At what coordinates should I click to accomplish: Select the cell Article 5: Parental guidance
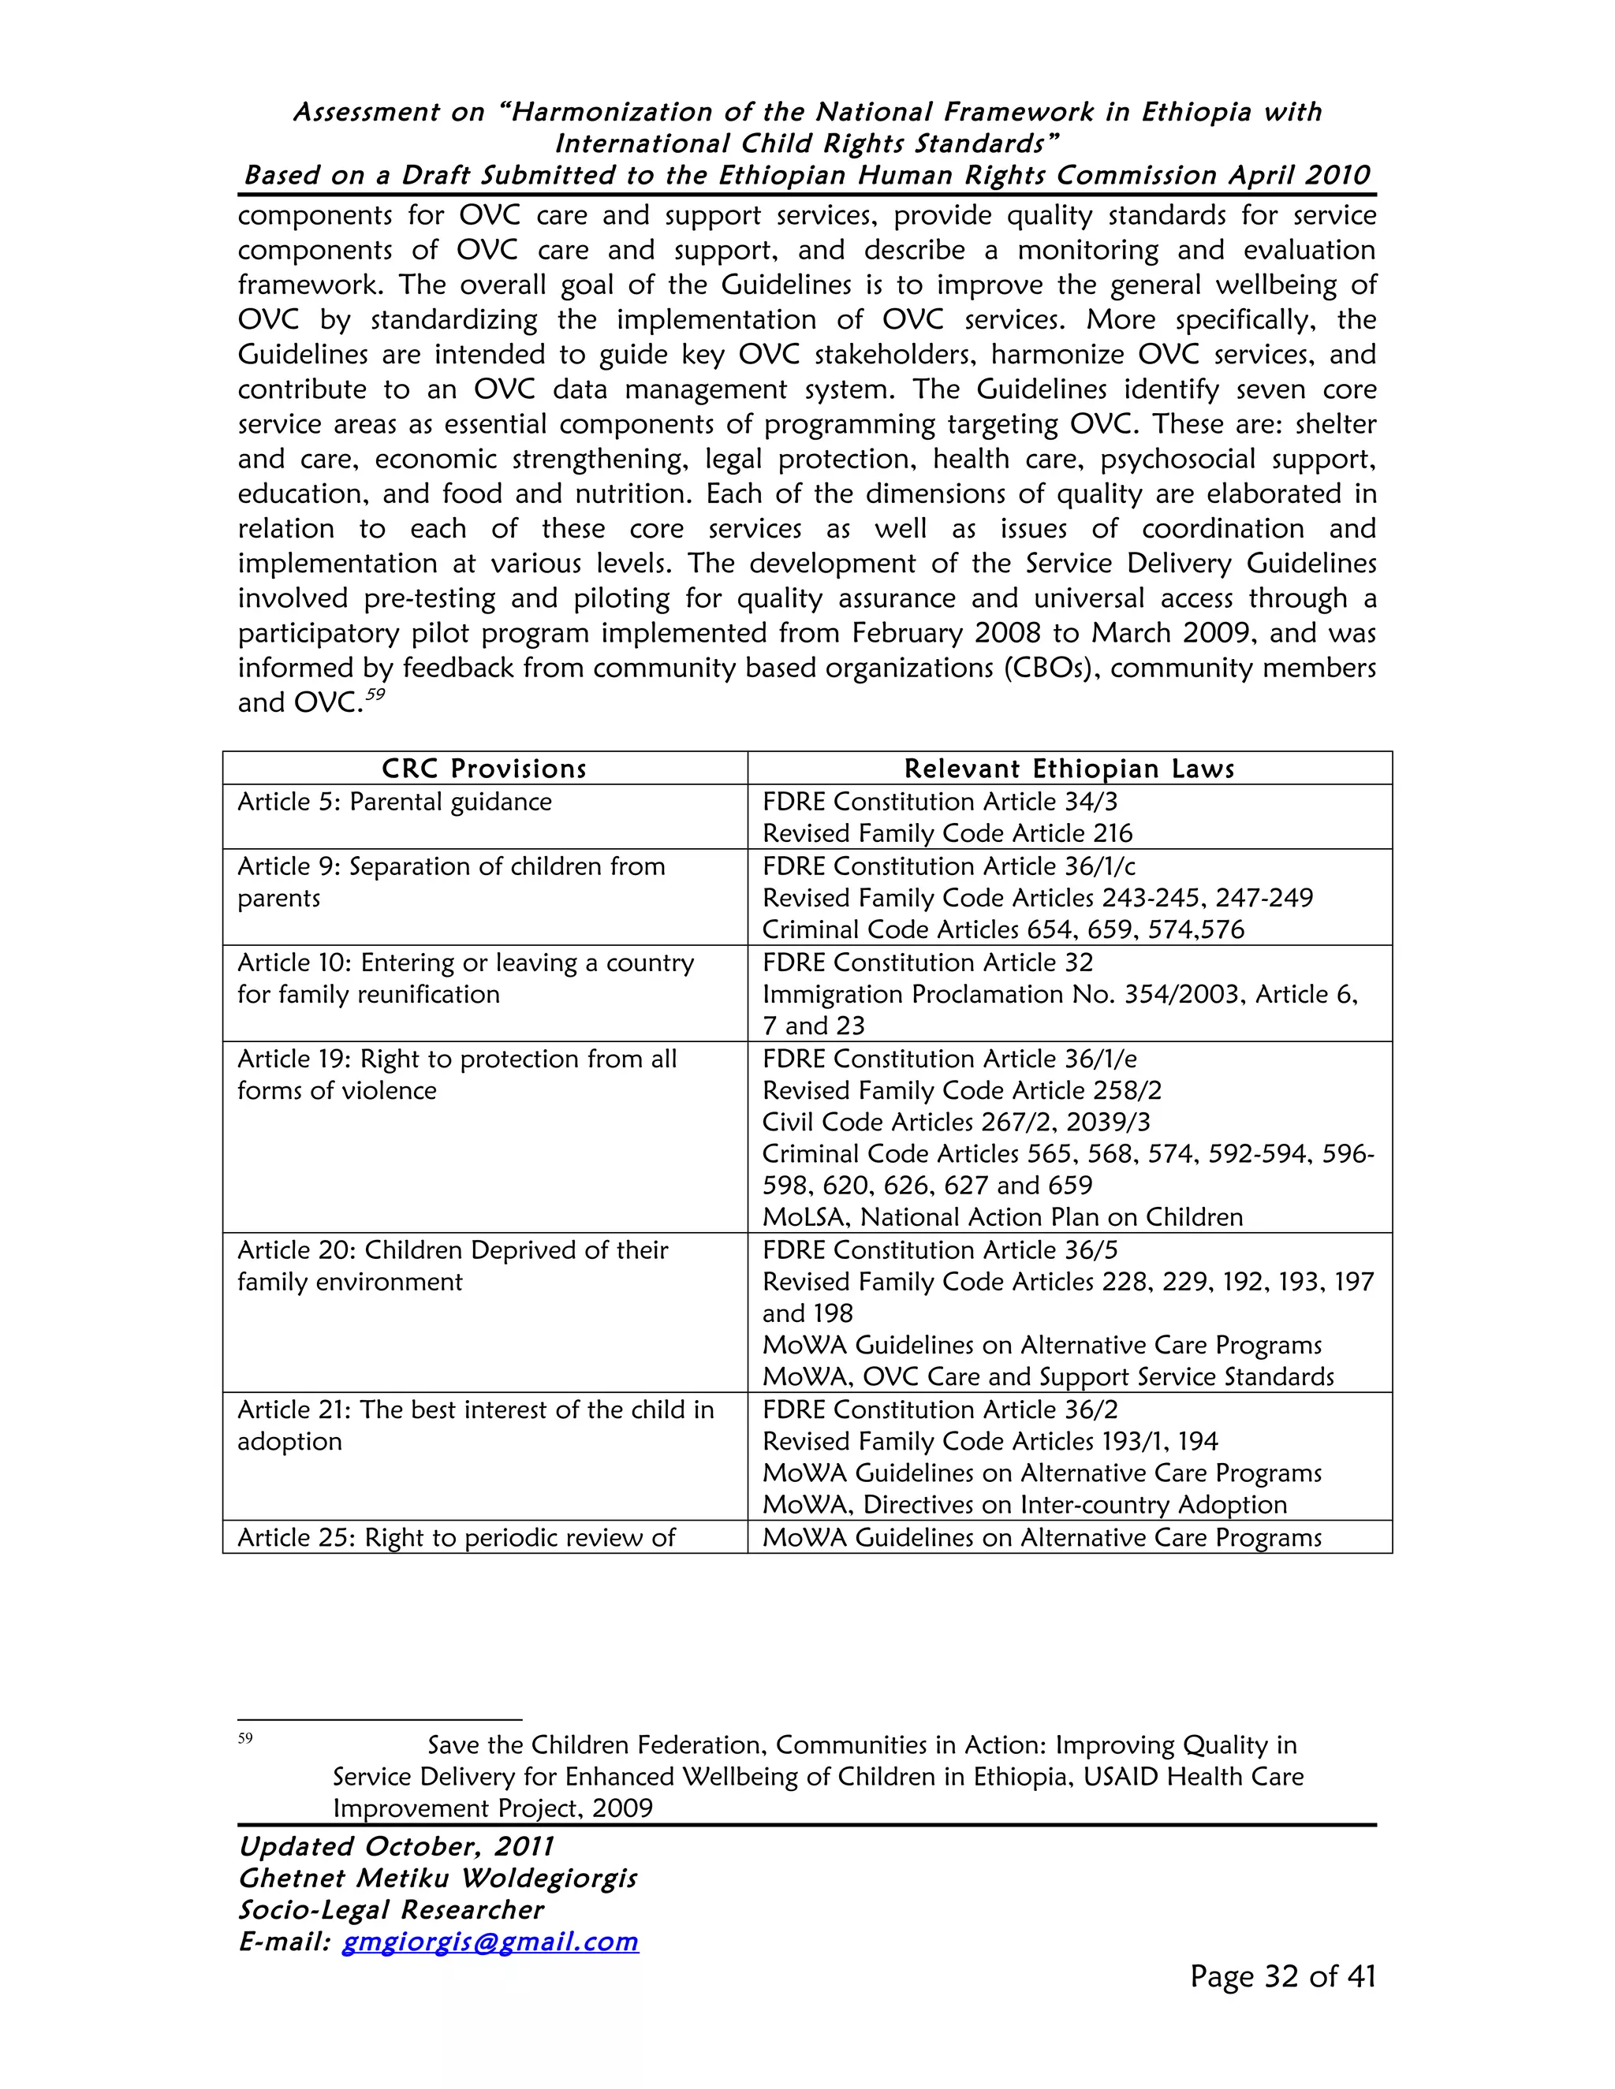pos(394,802)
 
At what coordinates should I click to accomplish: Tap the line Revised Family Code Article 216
pos(946,833)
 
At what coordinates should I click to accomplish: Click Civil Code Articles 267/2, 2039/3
pos(956,1122)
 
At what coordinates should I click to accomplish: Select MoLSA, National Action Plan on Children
pos(1001,1218)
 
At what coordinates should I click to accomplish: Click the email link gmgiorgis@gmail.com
pos(490,1942)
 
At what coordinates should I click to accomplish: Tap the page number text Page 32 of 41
pos(1282,1976)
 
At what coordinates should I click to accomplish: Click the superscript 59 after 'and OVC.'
pos(375,694)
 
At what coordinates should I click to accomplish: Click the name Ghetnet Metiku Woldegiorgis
pos(437,1879)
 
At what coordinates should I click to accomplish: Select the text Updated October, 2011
pos(396,1846)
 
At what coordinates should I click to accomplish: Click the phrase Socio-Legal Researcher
pos(390,1910)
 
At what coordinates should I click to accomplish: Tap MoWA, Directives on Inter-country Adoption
pos(1024,1505)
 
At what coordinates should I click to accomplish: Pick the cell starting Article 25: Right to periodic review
pos(457,1537)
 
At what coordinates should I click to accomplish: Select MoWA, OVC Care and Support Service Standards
pos(1048,1377)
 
